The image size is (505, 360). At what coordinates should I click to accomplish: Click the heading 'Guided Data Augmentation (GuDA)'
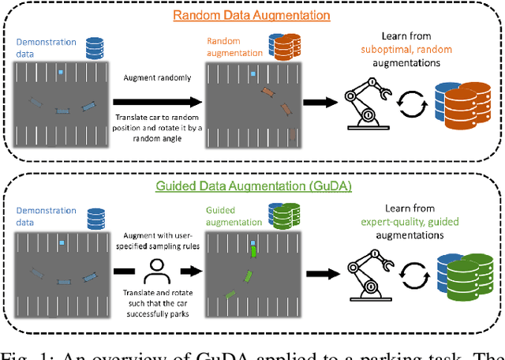(252, 186)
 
